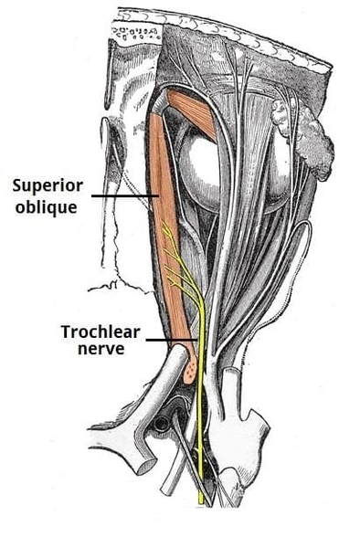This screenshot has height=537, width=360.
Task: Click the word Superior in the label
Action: [47, 185]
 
